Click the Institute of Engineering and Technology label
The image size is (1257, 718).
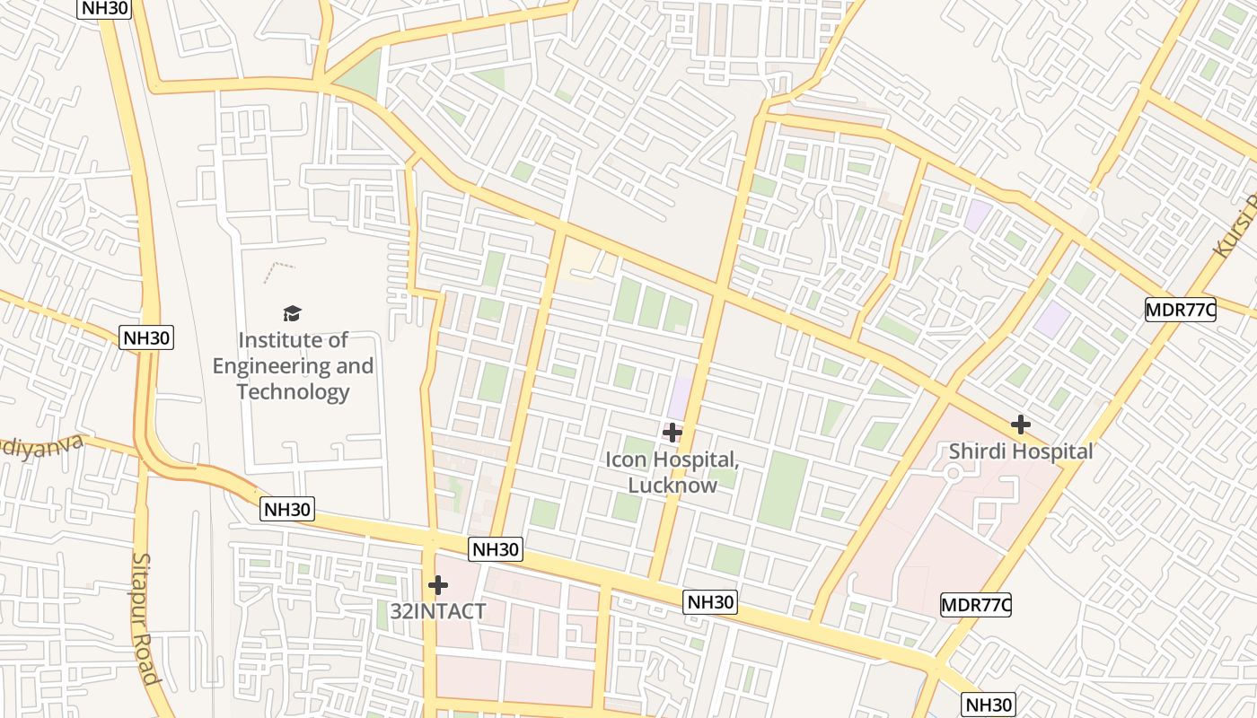293,366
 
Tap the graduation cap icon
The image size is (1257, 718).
293,313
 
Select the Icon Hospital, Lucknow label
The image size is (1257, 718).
672,472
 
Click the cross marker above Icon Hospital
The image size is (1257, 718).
672,433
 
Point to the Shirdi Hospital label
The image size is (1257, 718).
1021,451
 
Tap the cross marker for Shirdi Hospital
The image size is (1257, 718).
1020,424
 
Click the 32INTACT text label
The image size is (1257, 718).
437,612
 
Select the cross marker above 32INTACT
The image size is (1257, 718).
437,585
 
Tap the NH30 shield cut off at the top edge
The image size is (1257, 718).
105,9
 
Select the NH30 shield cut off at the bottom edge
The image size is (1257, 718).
989,705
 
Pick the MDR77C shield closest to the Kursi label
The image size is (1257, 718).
1180,311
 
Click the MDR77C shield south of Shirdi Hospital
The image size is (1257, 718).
975,605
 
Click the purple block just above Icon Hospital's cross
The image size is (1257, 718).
681,398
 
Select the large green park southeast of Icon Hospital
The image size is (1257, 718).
783,490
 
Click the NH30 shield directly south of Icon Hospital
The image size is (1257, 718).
710,602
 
